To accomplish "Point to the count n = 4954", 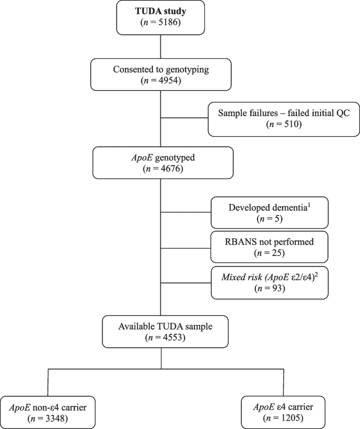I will point(161,81).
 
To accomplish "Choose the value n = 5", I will point(270,218).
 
